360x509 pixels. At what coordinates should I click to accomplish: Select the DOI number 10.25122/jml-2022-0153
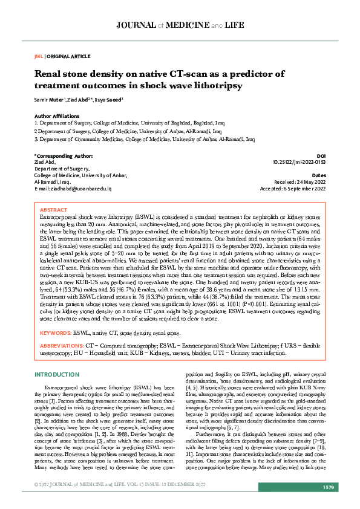[x=299, y=162]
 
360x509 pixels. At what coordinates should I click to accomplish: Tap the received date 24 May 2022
[x=310, y=182]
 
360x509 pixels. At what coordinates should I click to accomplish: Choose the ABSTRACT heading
[x=54, y=210]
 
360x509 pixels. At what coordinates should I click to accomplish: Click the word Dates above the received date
[x=319, y=175]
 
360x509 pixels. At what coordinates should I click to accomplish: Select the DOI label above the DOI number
[x=321, y=156]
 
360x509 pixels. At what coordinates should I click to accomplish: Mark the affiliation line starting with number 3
[x=144, y=138]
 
